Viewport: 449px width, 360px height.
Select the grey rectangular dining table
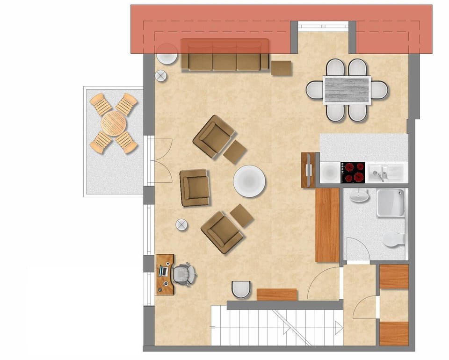(x=347, y=90)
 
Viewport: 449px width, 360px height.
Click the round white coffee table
(x=249, y=181)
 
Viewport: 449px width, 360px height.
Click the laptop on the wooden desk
(x=164, y=271)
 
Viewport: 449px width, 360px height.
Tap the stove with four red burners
(x=353, y=173)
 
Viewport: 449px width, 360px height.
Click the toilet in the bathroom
(x=393, y=239)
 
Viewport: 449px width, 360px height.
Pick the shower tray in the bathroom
(x=390, y=203)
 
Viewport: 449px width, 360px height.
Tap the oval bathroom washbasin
(x=359, y=196)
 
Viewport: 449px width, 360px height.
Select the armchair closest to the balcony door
(x=194, y=187)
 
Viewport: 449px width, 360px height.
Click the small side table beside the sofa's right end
(x=282, y=68)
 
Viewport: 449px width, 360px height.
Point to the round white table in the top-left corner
(x=167, y=54)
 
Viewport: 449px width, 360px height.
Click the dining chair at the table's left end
(x=314, y=90)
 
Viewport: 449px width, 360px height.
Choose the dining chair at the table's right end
(x=380, y=90)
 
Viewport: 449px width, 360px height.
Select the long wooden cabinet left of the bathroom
(x=327, y=225)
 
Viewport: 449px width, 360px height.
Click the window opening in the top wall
(x=323, y=27)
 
